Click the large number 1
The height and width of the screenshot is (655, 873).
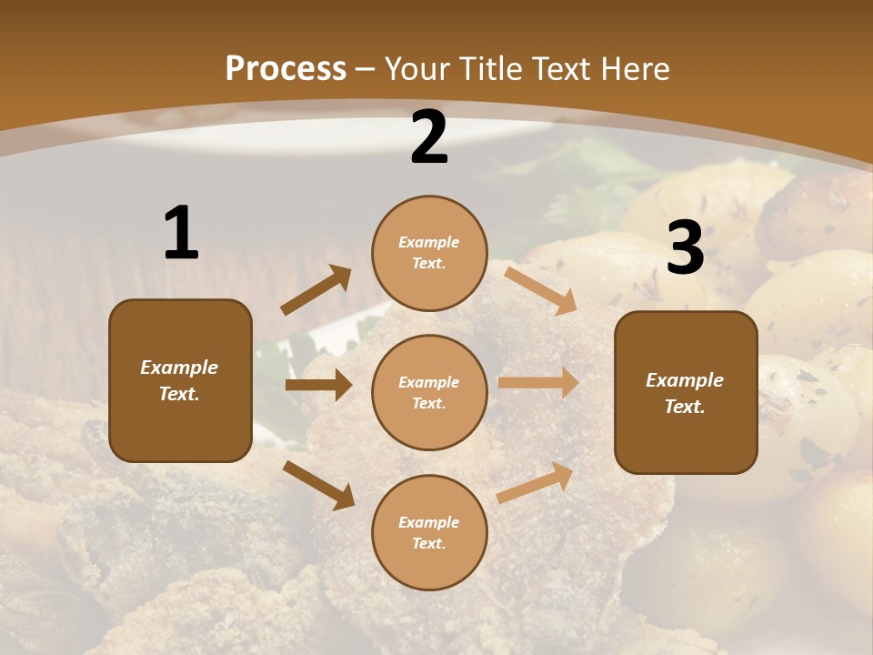click(181, 234)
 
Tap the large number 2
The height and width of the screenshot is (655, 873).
click(429, 137)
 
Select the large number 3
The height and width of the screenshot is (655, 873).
click(685, 248)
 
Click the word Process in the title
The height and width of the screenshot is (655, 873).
click(286, 68)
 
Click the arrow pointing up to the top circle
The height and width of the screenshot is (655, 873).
click(316, 291)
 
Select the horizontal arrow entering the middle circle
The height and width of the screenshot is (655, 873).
click(318, 385)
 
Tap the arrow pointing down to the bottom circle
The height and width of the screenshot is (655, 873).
click(318, 484)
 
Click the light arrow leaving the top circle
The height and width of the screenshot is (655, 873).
click(541, 291)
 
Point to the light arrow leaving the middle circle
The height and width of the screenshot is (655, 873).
click(538, 382)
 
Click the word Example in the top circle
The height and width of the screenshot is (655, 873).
click(429, 243)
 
